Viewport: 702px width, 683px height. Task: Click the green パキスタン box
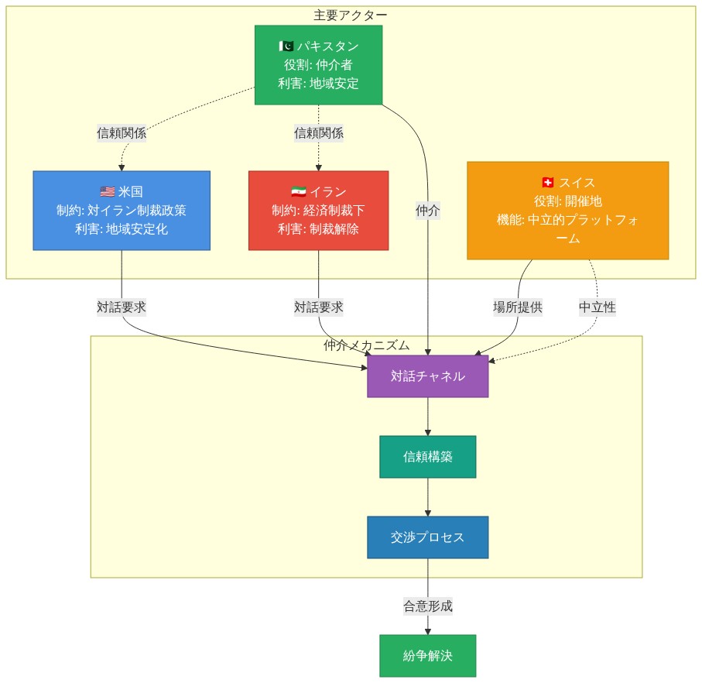[318, 65]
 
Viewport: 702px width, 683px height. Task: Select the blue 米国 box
[122, 211]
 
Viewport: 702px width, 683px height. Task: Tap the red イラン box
[318, 211]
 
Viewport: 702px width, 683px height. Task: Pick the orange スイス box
[567, 211]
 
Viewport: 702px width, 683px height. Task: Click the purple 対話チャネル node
[427, 376]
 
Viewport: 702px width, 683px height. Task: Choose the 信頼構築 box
[427, 457]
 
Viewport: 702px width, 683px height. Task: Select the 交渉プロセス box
[427, 537]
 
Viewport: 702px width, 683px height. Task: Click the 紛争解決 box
[427, 656]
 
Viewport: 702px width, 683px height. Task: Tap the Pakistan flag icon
[286, 46]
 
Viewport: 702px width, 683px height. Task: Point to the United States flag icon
[108, 192]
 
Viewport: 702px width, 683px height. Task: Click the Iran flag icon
[299, 192]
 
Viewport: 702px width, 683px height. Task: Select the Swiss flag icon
[548, 182]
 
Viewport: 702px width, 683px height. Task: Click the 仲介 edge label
[427, 211]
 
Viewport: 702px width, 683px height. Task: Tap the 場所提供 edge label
[518, 307]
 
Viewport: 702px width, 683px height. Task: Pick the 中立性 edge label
[598, 307]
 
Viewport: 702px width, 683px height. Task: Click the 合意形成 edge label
[427, 606]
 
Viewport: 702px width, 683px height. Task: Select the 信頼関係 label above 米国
[122, 133]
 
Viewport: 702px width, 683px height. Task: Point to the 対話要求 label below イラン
[318, 307]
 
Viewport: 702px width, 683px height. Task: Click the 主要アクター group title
[351, 15]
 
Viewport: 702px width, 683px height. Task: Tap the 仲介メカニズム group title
[366, 345]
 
